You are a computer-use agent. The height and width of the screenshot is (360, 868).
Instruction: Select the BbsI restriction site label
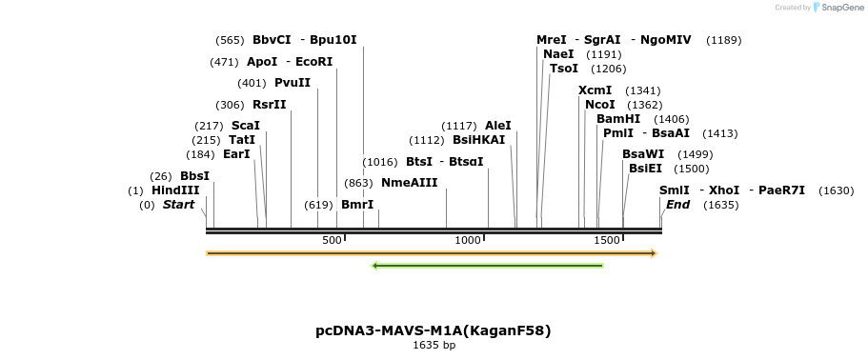(x=194, y=176)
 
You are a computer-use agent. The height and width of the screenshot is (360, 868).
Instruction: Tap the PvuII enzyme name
(x=293, y=83)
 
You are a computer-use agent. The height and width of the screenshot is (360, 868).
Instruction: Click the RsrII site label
(x=270, y=105)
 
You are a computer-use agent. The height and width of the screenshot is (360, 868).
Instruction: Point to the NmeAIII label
(x=409, y=182)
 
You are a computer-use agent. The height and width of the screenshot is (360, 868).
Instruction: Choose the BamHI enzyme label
(x=618, y=119)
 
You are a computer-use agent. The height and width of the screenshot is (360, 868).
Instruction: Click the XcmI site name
(x=595, y=90)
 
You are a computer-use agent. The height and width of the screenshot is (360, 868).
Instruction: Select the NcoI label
(x=600, y=105)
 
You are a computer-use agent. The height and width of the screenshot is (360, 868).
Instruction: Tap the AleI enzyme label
(x=498, y=126)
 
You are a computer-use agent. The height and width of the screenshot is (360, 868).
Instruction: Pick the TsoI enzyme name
(x=564, y=69)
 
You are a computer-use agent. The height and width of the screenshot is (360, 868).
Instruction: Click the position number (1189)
(x=723, y=40)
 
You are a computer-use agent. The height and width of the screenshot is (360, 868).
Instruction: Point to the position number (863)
(x=358, y=182)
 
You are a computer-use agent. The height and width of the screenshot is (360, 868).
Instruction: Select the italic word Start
(x=178, y=205)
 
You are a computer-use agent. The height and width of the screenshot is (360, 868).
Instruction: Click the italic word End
(x=677, y=205)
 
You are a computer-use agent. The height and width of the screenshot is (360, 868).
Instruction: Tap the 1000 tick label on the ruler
(x=468, y=241)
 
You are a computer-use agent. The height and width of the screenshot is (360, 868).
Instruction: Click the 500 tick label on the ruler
(x=332, y=241)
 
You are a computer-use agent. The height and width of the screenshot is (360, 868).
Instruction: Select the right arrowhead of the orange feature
(x=654, y=253)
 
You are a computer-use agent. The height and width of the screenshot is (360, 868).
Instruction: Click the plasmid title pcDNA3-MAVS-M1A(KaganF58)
(x=434, y=330)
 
